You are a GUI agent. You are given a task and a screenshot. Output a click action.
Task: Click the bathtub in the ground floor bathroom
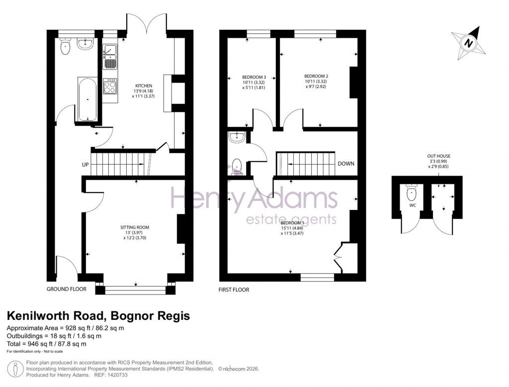tap(87, 99)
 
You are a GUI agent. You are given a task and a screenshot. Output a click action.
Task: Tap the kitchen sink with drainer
tap(110, 56)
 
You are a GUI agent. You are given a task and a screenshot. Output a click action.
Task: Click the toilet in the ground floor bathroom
tap(65, 47)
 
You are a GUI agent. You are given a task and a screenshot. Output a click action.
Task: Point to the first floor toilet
tap(237, 166)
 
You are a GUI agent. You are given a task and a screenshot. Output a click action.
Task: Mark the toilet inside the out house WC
tap(412, 192)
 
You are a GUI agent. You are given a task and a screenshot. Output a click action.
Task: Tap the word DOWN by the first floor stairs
tap(346, 164)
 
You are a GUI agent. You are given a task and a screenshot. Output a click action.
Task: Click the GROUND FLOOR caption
tap(67, 289)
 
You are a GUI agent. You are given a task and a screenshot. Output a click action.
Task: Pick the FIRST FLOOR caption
tap(234, 290)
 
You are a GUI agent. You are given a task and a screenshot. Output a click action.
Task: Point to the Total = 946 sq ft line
tap(46, 344)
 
